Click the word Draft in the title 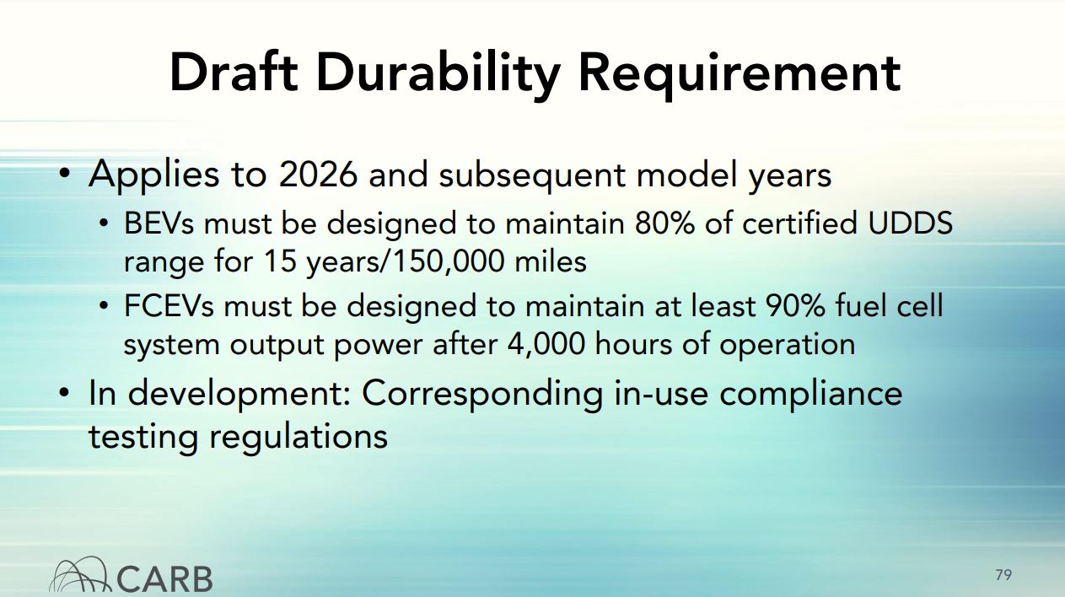coord(234,73)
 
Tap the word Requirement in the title coord(740,74)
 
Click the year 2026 coord(318,175)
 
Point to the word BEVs coord(159,223)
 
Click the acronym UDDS coord(910,223)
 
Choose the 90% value coord(795,305)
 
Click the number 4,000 coord(546,344)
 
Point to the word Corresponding coord(482,395)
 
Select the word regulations coord(299,438)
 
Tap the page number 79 coord(1003,575)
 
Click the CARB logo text coord(164,579)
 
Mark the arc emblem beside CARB coord(80,575)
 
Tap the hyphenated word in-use coord(661,395)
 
